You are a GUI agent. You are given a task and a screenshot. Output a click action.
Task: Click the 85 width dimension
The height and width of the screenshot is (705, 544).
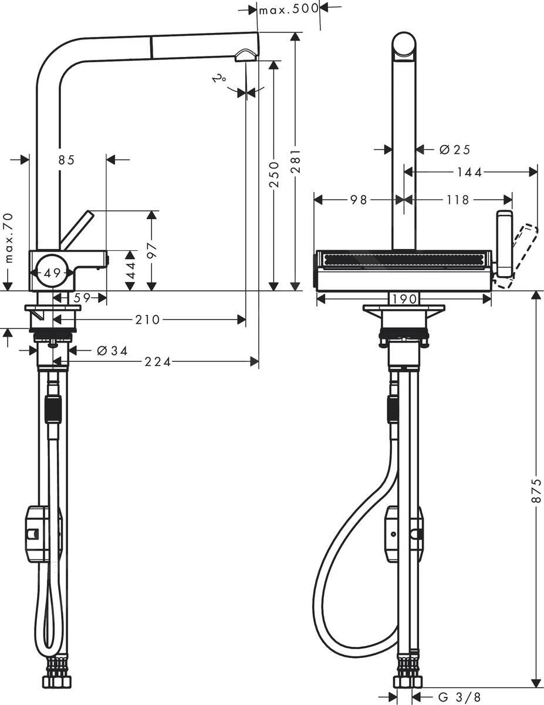tap(67, 159)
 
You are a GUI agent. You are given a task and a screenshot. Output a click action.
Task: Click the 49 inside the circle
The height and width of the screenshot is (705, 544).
tap(53, 273)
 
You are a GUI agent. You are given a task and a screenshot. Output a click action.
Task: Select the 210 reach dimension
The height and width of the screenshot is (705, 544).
tap(148, 320)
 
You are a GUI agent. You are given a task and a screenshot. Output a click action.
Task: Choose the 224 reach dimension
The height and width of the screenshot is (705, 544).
tap(158, 362)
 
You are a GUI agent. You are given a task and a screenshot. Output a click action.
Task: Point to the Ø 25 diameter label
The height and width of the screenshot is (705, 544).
tap(455, 150)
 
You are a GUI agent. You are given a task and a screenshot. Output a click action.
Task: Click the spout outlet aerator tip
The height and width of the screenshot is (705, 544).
tap(245, 56)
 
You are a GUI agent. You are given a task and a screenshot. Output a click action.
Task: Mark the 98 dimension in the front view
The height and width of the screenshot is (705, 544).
tap(358, 200)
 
